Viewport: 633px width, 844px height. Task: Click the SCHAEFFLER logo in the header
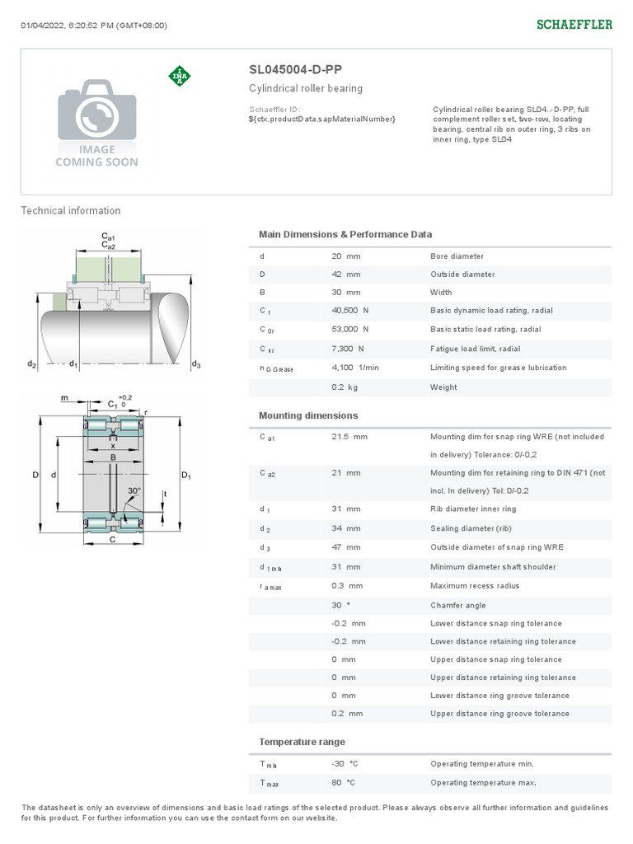click(x=574, y=25)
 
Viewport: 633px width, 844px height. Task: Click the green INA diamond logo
click(x=179, y=76)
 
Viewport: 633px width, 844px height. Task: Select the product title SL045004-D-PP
click(x=295, y=70)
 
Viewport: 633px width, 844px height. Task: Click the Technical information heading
click(x=71, y=211)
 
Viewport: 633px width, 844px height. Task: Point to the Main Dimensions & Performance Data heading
click(x=345, y=235)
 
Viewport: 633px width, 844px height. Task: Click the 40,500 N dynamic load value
click(x=349, y=311)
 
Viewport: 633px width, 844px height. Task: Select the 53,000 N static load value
click(x=349, y=329)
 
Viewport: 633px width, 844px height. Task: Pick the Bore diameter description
click(x=457, y=256)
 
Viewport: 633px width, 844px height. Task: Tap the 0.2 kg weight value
click(x=344, y=387)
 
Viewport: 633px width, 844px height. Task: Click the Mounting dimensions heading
click(x=308, y=416)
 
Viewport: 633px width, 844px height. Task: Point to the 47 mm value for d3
click(x=345, y=547)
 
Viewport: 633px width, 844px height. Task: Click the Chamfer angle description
click(x=457, y=605)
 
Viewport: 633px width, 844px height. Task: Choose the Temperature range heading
click(x=302, y=742)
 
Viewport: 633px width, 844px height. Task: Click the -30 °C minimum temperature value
click(x=345, y=764)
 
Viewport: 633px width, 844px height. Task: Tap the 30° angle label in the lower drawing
click(x=134, y=490)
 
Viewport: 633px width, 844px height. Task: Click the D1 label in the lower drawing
click(x=185, y=476)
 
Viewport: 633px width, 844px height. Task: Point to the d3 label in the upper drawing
click(x=195, y=364)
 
